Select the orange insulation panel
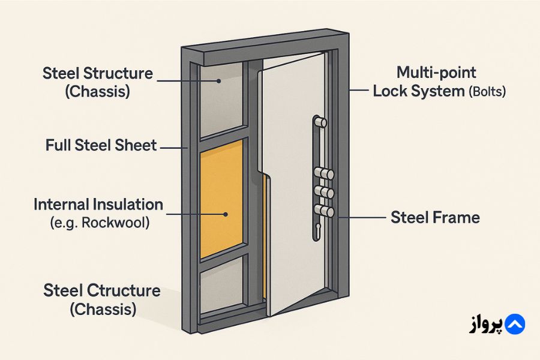[x=221, y=198]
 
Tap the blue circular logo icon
[x=514, y=325]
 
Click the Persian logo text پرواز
[x=485, y=325]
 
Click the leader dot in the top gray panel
[x=220, y=81]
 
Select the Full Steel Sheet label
[x=101, y=145]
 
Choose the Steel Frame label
[x=435, y=217]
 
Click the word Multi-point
[x=436, y=73]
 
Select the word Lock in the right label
[x=389, y=91]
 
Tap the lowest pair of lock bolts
[x=324, y=211]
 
